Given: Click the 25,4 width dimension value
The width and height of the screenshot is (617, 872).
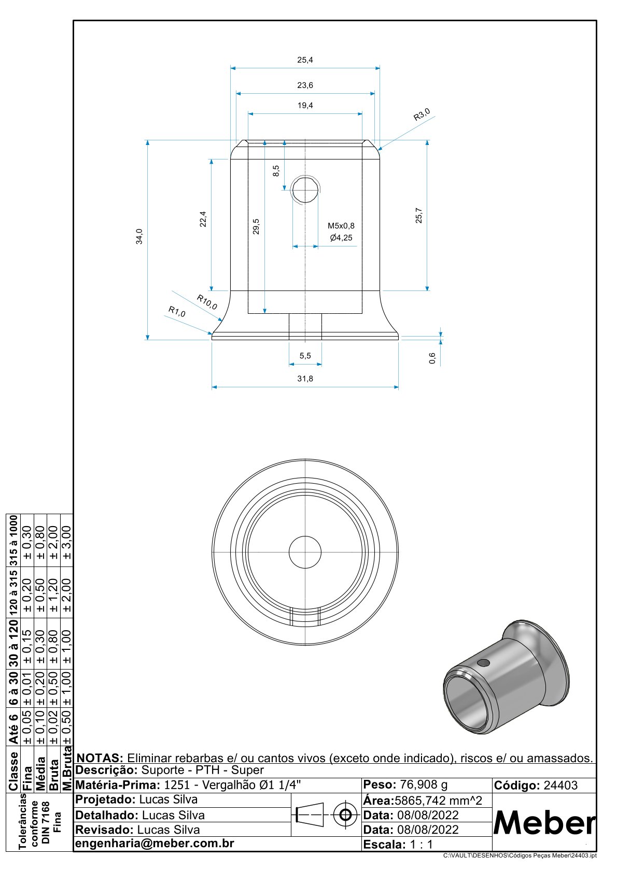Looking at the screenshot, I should (305, 60).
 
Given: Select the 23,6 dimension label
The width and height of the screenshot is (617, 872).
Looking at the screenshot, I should (305, 85).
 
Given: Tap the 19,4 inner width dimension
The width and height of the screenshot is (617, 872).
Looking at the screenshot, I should (305, 106).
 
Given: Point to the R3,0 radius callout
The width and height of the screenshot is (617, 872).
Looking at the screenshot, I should (422, 114).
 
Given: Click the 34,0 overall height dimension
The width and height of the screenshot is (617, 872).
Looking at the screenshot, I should (139, 236).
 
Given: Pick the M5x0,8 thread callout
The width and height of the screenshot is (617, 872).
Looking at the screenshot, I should (341, 226).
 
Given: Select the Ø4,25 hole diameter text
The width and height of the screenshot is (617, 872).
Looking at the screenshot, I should (341, 238).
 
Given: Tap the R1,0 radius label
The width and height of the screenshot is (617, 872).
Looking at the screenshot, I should (177, 311).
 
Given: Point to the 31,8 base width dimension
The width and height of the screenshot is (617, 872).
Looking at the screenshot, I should (305, 379).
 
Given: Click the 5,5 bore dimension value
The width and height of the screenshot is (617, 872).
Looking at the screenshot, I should (305, 356).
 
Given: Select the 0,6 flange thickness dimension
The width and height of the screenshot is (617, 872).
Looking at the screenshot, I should (432, 358).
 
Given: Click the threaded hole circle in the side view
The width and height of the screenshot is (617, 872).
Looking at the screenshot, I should (305, 190).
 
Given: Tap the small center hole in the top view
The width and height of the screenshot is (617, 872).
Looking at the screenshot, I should (305, 552).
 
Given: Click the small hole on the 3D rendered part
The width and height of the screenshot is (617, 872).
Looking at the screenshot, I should (483, 663).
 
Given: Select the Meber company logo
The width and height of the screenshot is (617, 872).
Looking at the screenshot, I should (544, 822).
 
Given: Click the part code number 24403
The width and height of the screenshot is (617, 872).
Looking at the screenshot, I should (560, 786).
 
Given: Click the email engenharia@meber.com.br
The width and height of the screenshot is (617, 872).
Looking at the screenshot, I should (155, 844).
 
